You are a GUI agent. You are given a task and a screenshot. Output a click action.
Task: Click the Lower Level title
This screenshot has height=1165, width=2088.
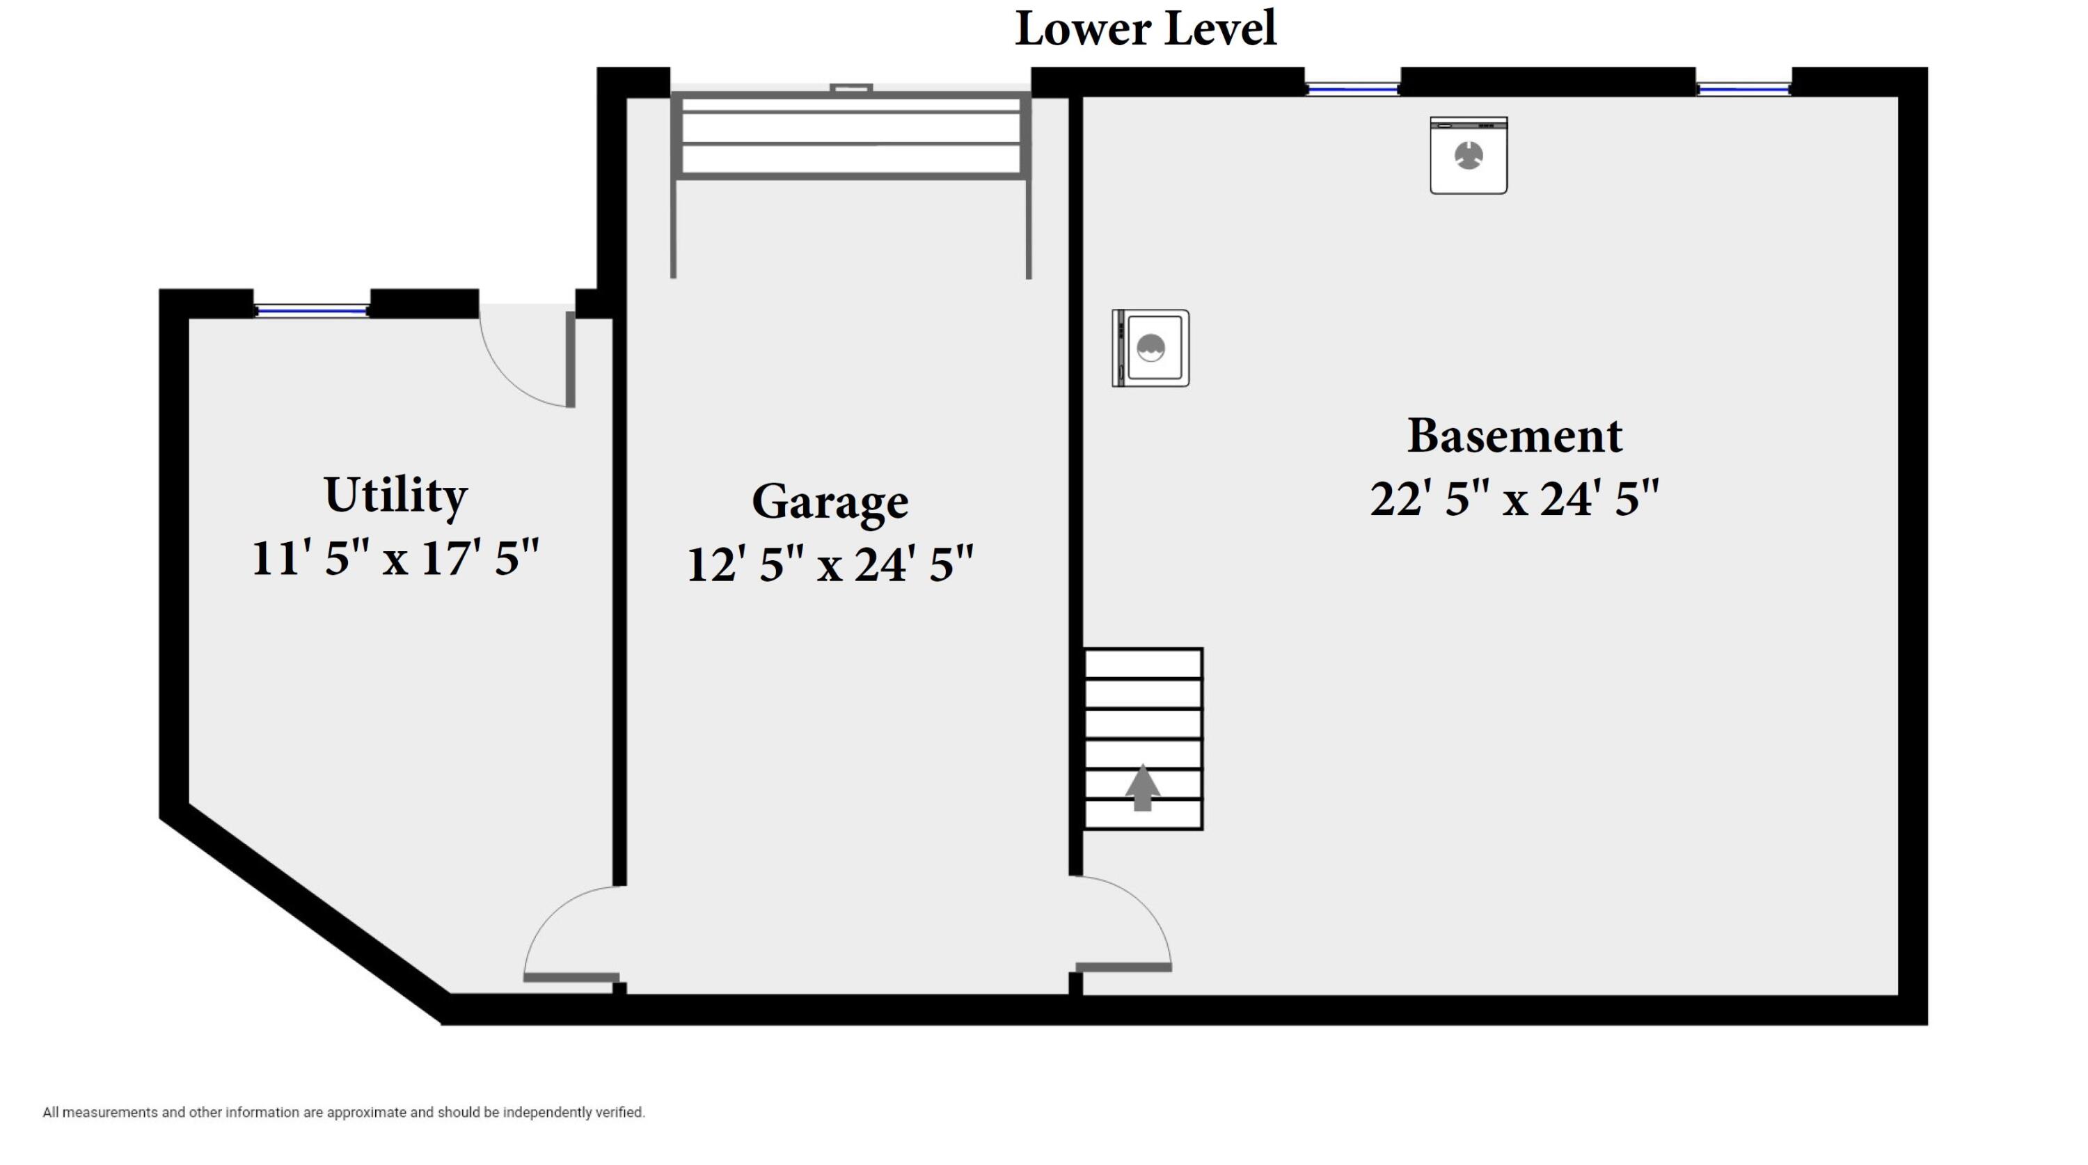point(1146,29)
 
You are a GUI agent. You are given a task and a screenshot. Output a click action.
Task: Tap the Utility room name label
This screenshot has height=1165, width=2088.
point(395,495)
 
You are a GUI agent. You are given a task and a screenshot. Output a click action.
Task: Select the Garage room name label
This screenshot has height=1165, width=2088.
point(830,502)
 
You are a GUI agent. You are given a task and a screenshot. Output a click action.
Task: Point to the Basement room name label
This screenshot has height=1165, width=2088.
point(1514,436)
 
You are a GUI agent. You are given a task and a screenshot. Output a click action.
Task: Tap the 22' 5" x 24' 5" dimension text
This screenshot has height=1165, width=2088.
point(1514,498)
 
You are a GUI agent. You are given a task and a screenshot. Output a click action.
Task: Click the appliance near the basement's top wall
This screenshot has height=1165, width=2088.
point(1469,156)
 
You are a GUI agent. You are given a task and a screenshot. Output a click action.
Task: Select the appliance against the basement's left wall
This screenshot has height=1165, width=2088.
point(1151,348)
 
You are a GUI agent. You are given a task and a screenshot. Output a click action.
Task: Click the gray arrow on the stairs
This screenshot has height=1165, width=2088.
point(1142,786)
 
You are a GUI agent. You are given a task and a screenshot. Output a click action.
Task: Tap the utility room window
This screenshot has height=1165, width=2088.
point(312,310)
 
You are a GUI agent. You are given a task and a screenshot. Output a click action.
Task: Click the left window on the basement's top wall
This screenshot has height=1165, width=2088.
point(1353,88)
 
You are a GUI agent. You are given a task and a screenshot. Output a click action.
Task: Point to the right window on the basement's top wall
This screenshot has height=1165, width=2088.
point(1743,88)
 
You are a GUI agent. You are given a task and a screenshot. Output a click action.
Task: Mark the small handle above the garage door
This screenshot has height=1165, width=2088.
point(851,88)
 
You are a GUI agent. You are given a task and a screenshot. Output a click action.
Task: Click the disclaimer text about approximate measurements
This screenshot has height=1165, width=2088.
point(344,1112)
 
